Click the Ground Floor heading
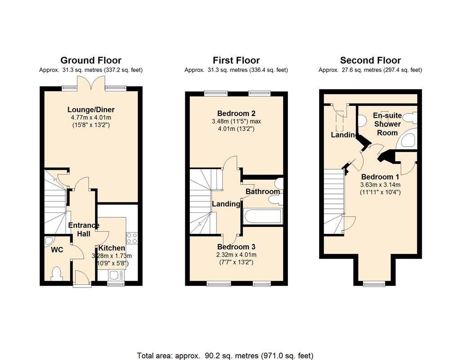tap(91, 60)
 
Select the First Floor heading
tap(236, 60)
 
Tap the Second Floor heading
tap(370, 60)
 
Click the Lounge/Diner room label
tap(91, 110)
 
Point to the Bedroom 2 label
tap(236, 113)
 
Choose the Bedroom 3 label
tap(236, 247)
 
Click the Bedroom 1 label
tap(380, 176)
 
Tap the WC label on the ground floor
tap(57, 249)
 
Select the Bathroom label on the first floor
tap(262, 192)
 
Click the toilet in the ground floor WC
tap(57, 273)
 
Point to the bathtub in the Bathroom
tap(262, 216)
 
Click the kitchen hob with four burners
tap(132, 238)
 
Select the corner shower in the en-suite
tap(407, 140)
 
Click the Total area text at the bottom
tap(225, 355)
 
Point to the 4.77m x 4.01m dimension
tap(91, 118)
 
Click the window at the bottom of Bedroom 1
tap(374, 283)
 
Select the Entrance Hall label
tap(83, 229)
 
